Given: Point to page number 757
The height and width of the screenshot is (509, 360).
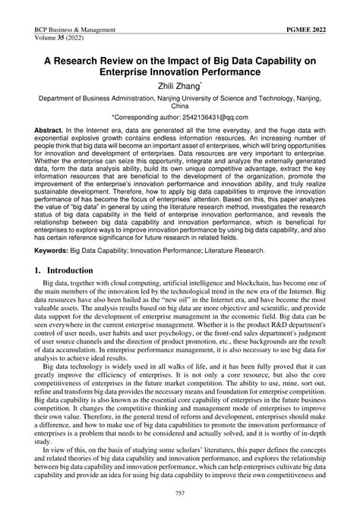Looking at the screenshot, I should point(180,493).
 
